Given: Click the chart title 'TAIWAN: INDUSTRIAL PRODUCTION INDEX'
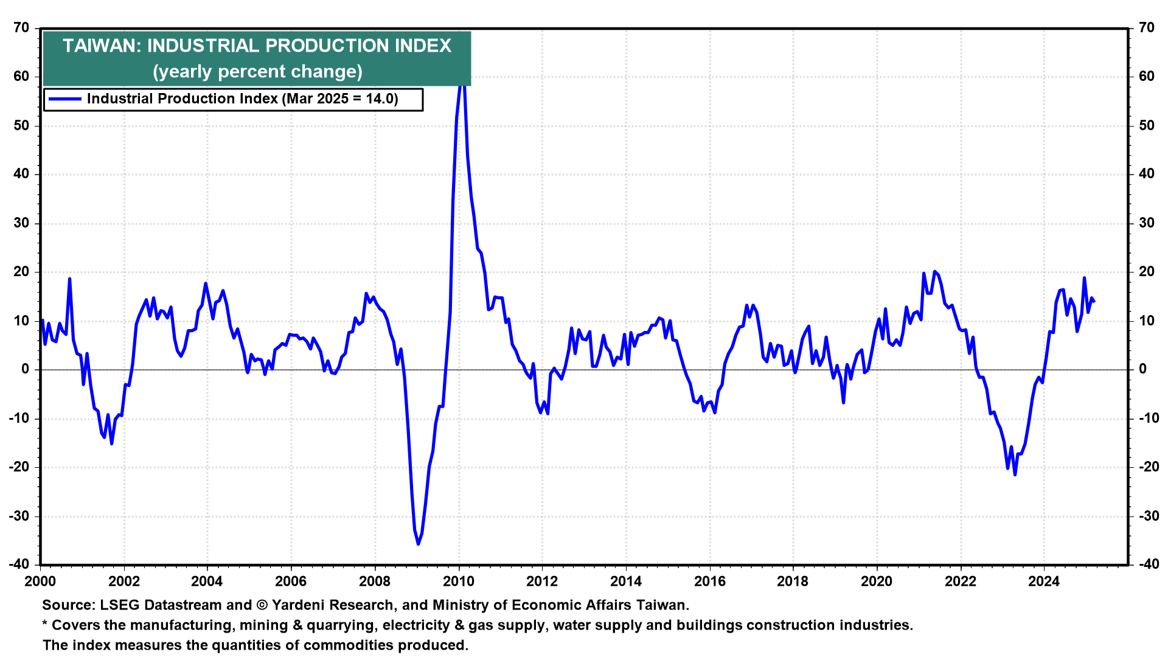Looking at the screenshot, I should [257, 46].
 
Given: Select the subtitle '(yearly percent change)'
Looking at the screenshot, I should [257, 72].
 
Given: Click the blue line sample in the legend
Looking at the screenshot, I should [64, 99].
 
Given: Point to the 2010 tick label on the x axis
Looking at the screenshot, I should [458, 582].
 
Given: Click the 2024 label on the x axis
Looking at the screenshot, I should [1044, 582].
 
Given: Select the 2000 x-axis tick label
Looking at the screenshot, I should [40, 582].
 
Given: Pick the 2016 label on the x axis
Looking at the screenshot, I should [709, 582].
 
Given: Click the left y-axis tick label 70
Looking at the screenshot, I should [21, 28].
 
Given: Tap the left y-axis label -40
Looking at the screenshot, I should [19, 565].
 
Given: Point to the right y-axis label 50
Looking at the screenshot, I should [1146, 125].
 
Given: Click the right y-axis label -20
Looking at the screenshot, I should [1149, 467].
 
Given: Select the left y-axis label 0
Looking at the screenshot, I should [25, 369].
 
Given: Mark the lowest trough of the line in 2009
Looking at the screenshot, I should [418, 544].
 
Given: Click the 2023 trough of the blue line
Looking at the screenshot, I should [1015, 474].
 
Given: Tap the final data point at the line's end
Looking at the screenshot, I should [1094, 301].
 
